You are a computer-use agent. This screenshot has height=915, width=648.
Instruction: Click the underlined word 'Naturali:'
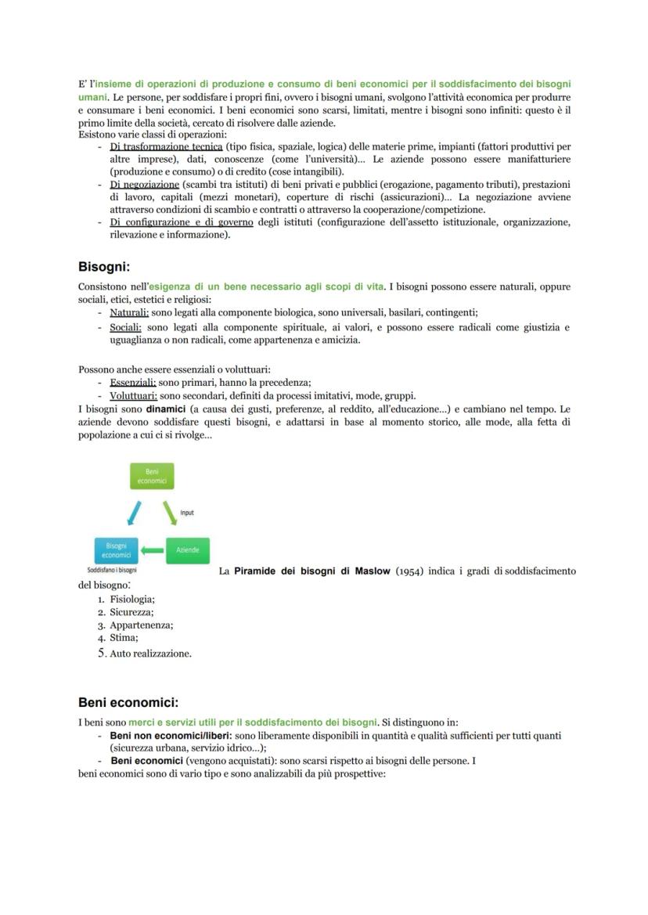pos(129,312)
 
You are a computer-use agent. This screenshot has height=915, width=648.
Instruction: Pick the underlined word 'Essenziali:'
pos(133,383)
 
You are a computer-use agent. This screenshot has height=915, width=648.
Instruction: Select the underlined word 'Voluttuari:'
pos(134,395)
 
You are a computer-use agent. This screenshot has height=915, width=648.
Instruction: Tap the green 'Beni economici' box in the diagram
pos(152,476)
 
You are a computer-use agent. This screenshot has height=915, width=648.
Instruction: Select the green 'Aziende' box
pos(187,550)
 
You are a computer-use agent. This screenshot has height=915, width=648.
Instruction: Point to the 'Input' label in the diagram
pos(187,513)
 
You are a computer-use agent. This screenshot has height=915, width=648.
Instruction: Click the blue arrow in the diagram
pos(135,513)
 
